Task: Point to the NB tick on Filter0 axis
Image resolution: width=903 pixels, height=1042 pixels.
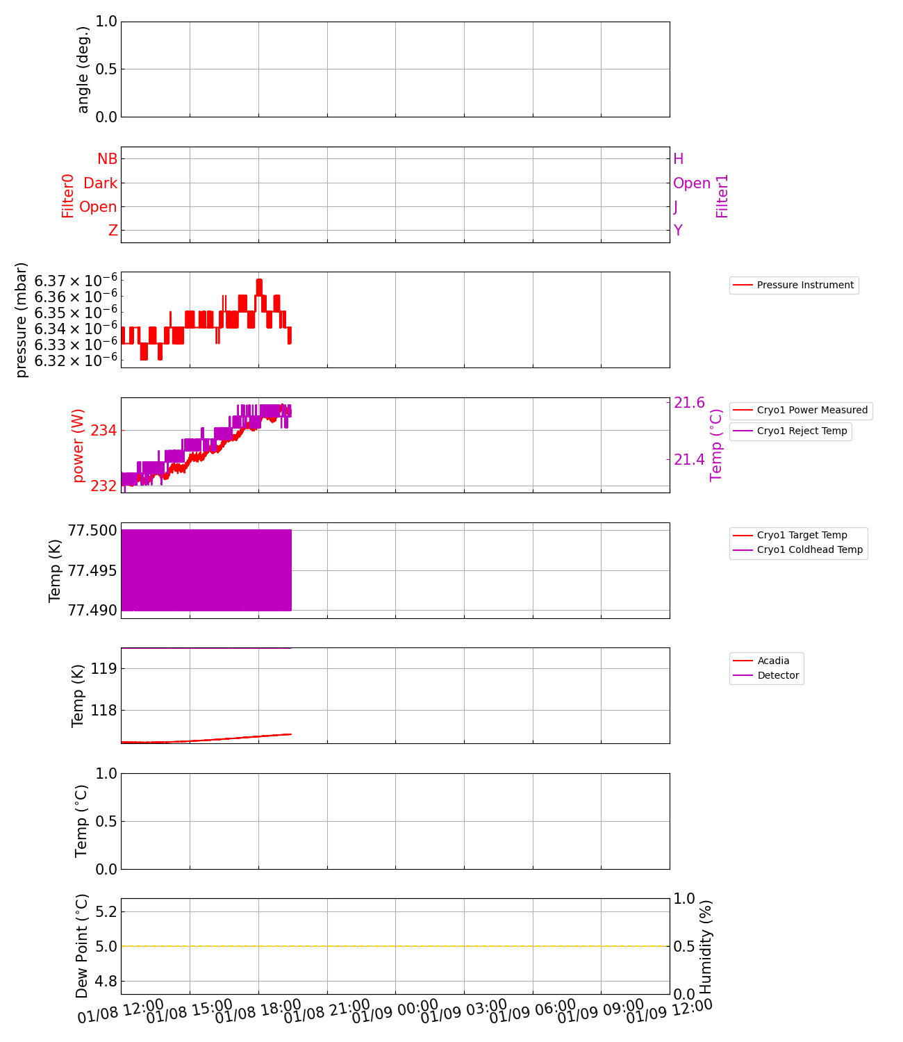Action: tap(107, 159)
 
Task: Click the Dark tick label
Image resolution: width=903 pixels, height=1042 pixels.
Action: tap(100, 183)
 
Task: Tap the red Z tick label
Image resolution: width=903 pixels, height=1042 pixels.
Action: tap(113, 231)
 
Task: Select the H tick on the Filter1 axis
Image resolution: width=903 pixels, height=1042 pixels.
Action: tap(679, 159)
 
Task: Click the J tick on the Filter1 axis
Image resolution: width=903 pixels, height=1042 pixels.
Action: tap(676, 207)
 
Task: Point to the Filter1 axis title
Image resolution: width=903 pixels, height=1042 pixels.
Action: tap(722, 196)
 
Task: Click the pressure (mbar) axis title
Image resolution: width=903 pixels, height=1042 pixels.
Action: tap(22, 320)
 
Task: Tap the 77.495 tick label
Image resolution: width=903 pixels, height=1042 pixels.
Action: tap(92, 570)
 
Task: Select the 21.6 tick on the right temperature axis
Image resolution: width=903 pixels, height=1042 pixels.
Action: tap(689, 403)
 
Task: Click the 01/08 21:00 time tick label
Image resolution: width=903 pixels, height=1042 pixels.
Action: tap(326, 1011)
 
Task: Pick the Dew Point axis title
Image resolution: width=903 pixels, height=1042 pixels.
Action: tap(82, 946)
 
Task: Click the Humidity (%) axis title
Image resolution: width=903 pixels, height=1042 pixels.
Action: tap(706, 946)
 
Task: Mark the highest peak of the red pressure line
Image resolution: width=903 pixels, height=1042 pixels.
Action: tap(259, 280)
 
